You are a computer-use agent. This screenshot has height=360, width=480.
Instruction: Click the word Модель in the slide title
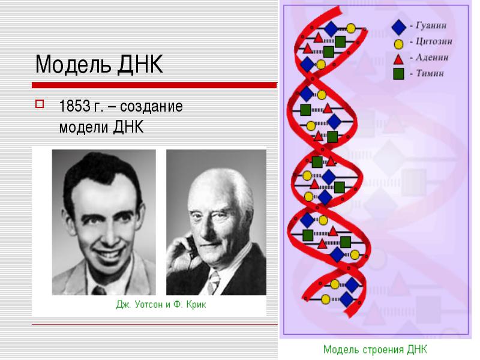click(x=73, y=64)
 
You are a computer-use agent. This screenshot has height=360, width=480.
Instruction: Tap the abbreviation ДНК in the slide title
click(x=140, y=64)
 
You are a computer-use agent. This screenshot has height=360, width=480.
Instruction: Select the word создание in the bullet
click(x=151, y=107)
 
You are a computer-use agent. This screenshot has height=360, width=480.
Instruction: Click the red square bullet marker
click(x=40, y=104)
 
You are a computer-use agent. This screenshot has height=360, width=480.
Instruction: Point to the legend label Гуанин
click(x=431, y=25)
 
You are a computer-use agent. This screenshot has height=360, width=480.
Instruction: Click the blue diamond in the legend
click(x=398, y=27)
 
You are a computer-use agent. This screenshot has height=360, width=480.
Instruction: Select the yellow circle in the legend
click(x=398, y=44)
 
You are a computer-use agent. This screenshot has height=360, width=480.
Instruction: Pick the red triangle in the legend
click(x=398, y=59)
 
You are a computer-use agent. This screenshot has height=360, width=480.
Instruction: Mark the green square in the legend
click(x=398, y=74)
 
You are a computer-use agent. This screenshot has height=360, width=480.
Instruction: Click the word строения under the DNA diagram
click(x=383, y=349)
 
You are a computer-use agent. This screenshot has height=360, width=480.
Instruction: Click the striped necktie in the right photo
click(x=214, y=282)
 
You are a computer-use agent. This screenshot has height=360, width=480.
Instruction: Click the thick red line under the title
click(x=154, y=85)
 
